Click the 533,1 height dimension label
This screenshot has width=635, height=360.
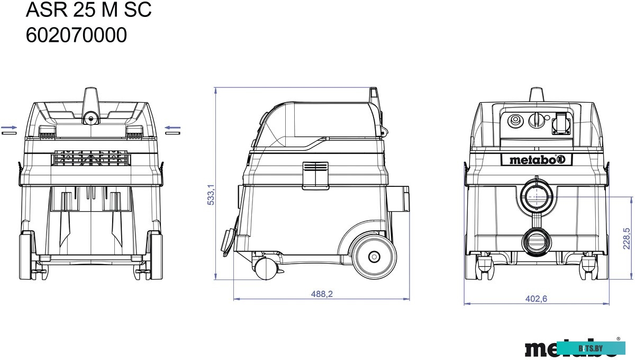(211, 195)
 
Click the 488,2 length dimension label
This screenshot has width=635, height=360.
(322, 294)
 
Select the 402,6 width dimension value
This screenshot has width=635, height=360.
(536, 299)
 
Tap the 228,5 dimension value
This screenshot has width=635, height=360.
(626, 239)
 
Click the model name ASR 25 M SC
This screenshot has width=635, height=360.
(89, 10)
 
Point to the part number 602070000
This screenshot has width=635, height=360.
(76, 35)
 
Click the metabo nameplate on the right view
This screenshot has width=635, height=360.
(537, 160)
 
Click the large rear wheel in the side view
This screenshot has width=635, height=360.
(374, 256)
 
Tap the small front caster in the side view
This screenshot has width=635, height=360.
(266, 268)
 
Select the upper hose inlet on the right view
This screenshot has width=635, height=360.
(537, 196)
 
